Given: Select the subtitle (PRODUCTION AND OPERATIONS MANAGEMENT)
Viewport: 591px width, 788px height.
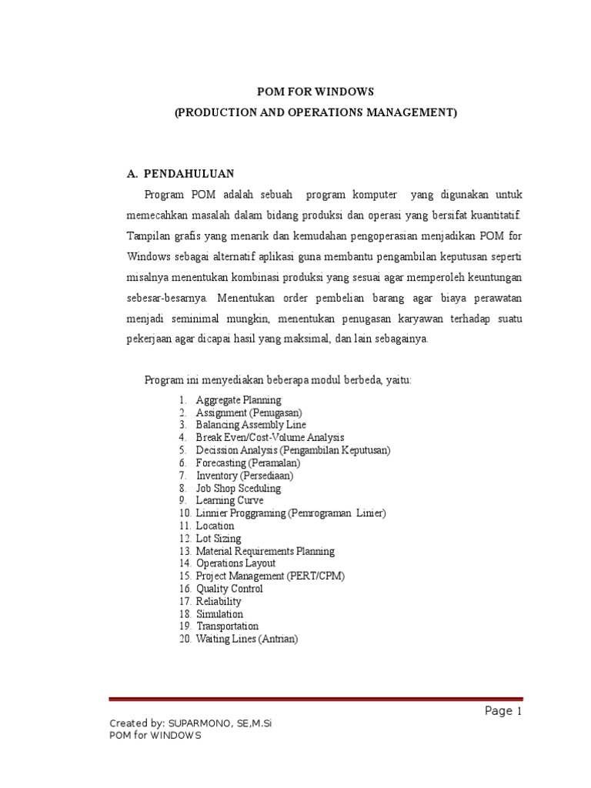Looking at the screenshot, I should point(316,112).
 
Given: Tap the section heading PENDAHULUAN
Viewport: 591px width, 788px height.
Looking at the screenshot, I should point(190,174).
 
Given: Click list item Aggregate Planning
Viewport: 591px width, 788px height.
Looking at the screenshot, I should point(239,400).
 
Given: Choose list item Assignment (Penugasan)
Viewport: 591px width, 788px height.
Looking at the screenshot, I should point(249,412).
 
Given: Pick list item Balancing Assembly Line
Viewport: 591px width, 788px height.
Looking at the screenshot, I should point(251,425).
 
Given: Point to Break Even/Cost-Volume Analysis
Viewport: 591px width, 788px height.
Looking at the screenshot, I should point(270,438).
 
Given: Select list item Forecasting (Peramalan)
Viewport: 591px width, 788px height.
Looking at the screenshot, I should point(248,463).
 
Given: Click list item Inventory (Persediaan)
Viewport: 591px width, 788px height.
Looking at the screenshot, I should point(245,476).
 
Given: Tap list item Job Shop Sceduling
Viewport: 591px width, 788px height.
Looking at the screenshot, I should point(239,488).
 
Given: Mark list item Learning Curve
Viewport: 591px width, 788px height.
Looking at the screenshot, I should point(229,500).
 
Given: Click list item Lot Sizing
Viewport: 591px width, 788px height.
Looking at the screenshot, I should point(219,539).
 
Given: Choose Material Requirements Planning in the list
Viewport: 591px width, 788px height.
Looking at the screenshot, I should point(265,551).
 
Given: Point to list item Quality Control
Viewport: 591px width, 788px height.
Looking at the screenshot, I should point(229,589).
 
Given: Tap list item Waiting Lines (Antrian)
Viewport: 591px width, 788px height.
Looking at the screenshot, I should point(247,639).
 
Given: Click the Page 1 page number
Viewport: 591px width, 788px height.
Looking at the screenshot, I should point(503,711).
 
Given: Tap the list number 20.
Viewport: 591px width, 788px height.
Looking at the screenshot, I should point(185,639).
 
